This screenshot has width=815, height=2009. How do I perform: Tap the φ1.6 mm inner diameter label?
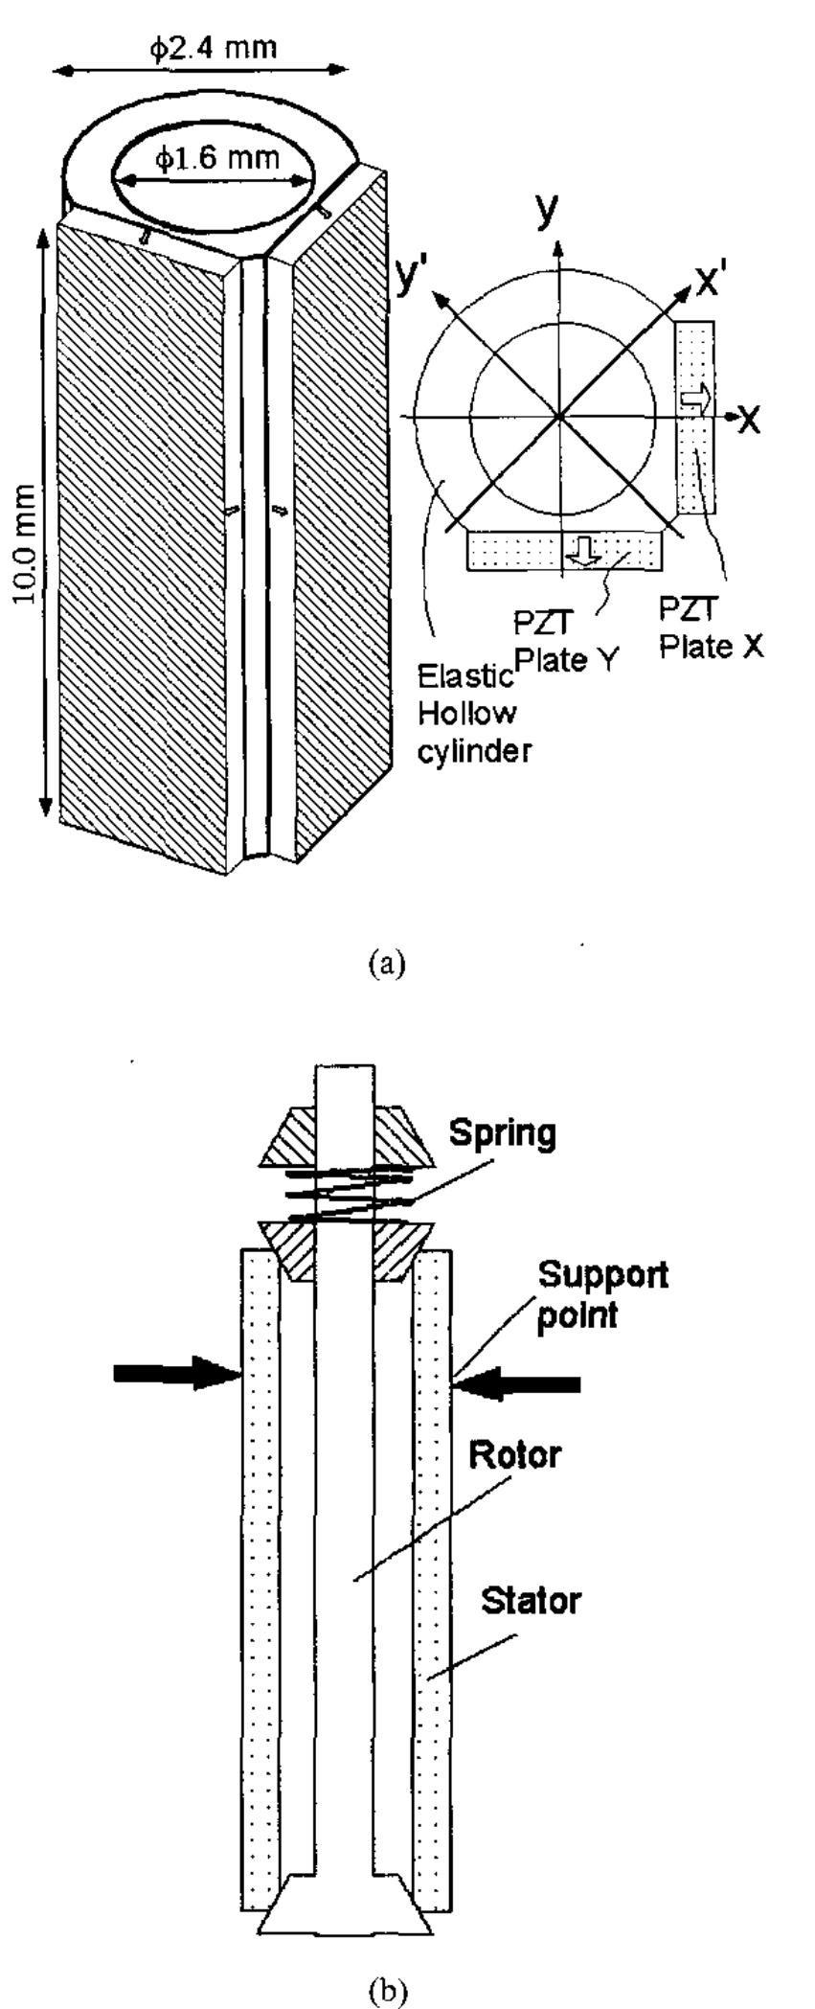click(218, 158)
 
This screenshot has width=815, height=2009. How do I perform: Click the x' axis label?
click(713, 281)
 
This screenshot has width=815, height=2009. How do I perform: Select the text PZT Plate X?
click(711, 627)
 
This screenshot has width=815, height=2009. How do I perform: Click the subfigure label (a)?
click(387, 962)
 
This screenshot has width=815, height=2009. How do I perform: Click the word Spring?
click(502, 1133)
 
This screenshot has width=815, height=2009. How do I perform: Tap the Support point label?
click(601, 1294)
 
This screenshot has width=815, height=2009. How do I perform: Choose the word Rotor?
click(514, 1455)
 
